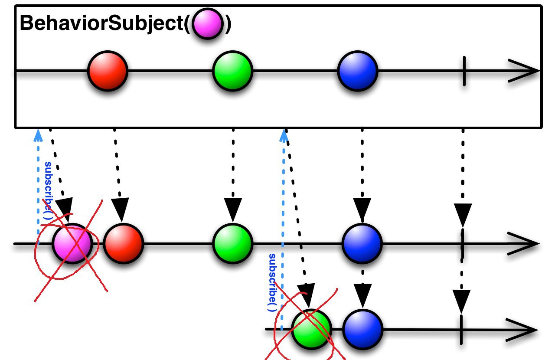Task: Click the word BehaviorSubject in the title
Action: point(101,23)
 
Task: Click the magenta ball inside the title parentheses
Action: point(207,23)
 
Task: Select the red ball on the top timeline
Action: point(108,71)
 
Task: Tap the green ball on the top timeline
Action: point(233,71)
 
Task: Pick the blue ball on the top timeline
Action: point(358,71)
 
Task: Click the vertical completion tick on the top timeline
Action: point(464,71)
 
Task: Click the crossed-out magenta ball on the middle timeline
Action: point(72,243)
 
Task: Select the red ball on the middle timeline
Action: point(124,243)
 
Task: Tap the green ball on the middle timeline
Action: point(233,243)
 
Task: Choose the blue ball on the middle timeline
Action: point(362,243)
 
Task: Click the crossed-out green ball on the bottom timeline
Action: point(311,329)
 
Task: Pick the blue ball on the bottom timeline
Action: point(362,329)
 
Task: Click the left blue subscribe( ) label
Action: point(48,190)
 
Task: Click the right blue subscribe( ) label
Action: point(272,282)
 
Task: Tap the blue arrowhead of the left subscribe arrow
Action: point(38,135)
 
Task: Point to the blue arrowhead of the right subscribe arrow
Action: point(284,136)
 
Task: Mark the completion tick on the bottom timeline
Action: point(461,330)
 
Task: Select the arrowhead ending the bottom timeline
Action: point(521,330)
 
